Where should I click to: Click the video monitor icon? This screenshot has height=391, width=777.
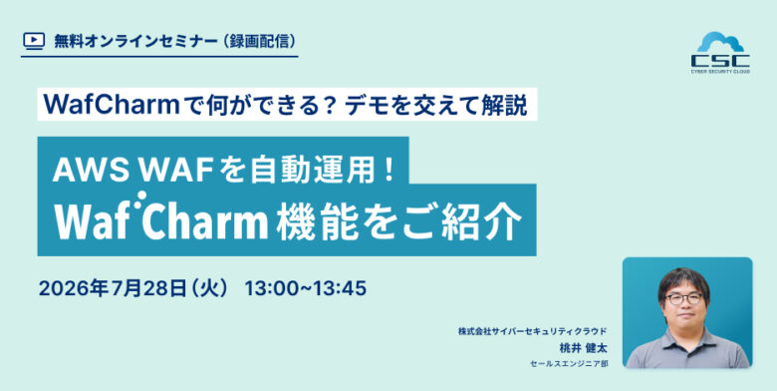[x=34, y=41]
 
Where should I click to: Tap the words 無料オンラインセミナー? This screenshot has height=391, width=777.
[x=134, y=41]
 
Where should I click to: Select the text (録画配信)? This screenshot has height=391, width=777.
[x=260, y=41]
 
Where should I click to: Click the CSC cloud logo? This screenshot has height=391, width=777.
[x=720, y=52]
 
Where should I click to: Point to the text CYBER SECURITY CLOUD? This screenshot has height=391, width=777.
[x=720, y=72]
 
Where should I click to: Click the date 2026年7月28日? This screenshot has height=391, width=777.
[x=113, y=288]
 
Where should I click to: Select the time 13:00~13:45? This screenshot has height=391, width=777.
[x=306, y=288]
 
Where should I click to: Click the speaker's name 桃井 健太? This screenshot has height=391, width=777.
[x=583, y=348]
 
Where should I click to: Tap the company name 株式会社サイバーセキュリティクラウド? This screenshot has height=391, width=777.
[x=533, y=331]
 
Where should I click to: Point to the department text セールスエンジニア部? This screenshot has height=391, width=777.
[x=569, y=364]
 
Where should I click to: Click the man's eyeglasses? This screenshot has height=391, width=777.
[x=683, y=298]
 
